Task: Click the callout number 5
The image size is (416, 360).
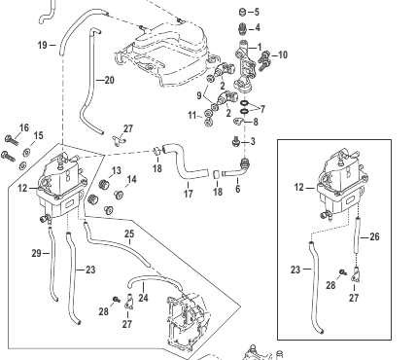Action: tap(257, 12)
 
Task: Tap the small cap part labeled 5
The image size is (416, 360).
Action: tap(242, 13)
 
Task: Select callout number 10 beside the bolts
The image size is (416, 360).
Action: tap(283, 54)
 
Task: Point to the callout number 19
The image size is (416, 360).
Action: tap(43, 45)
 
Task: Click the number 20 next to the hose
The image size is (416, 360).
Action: tap(110, 80)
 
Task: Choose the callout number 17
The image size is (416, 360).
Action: tap(189, 194)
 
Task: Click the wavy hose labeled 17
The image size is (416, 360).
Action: tap(185, 161)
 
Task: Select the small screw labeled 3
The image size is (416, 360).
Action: tap(235, 141)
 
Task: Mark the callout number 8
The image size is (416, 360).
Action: tap(256, 122)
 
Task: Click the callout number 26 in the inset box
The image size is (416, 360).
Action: tap(374, 236)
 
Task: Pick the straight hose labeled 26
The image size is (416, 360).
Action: tap(358, 236)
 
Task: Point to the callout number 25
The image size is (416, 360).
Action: tap(129, 234)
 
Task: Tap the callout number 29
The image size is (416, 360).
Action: tap(37, 253)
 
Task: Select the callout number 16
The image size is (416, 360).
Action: tap(24, 128)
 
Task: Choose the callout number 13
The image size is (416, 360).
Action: tap(116, 170)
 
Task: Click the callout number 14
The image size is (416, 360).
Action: tap(131, 179)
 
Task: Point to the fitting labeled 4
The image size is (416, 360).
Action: tap(242, 28)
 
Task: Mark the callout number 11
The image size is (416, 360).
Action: tap(192, 115)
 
